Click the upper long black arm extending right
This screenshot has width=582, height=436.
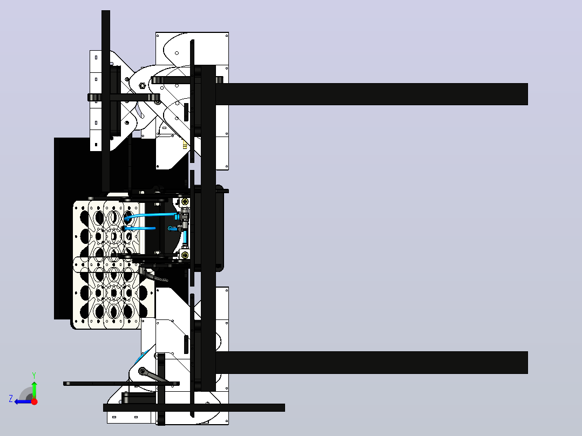[371, 94]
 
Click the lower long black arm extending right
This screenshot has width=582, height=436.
[371, 363]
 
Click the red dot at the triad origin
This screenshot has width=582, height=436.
[34, 401]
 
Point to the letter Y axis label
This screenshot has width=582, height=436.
[34, 375]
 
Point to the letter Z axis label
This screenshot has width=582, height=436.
[11, 399]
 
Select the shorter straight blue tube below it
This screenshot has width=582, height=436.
[139, 228]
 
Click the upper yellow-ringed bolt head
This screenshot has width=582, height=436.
[185, 202]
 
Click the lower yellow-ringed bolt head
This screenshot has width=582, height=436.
[185, 255]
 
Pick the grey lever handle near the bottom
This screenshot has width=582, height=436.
[153, 376]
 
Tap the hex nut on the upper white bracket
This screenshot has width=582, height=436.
[142, 86]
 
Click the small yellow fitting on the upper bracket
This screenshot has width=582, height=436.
[185, 144]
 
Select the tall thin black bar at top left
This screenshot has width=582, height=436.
[106, 101]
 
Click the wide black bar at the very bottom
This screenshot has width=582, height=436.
[194, 408]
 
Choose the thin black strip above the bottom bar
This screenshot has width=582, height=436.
[121, 384]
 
